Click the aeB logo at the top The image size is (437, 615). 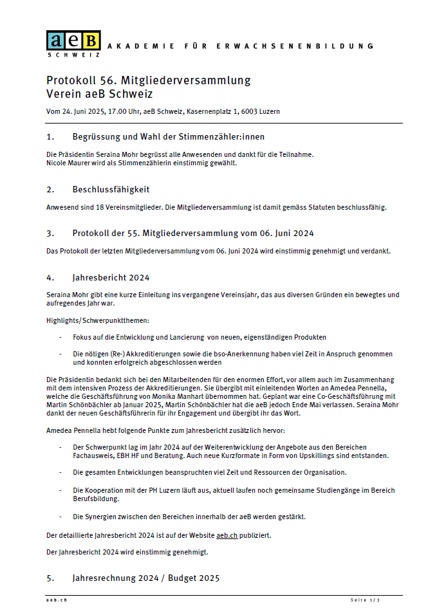[73, 41]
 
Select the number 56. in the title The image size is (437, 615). [107, 80]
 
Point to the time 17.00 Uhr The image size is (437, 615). [125, 111]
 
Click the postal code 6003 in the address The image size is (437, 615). [250, 111]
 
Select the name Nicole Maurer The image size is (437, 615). [68, 163]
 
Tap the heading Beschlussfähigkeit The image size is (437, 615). [111, 189]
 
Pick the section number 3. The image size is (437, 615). [50, 233]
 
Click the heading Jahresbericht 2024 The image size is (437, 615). [111, 277]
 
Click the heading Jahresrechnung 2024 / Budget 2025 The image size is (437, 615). [146, 578]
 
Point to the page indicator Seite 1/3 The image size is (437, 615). [365, 600]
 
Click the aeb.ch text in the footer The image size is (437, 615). [57, 600]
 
